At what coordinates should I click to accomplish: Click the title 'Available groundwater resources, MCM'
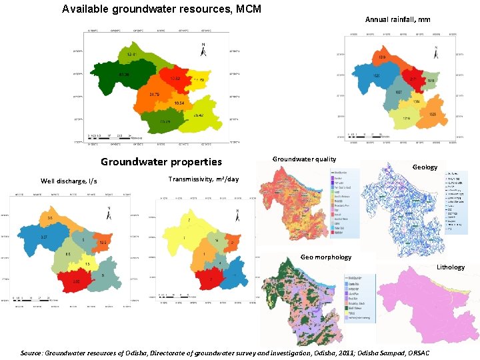[161, 9]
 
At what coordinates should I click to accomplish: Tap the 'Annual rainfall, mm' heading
[397, 20]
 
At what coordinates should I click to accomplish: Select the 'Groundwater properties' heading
[161, 162]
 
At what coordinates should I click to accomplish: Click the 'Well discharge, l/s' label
[69, 181]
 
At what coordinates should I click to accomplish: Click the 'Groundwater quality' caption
[304, 159]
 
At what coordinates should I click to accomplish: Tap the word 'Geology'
[425, 167]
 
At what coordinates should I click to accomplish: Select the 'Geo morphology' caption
[325, 257]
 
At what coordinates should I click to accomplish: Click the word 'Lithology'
[451, 267]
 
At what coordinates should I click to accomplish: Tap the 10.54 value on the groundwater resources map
[179, 103]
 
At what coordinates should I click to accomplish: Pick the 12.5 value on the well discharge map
[103, 243]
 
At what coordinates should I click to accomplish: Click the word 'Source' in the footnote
[33, 351]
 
